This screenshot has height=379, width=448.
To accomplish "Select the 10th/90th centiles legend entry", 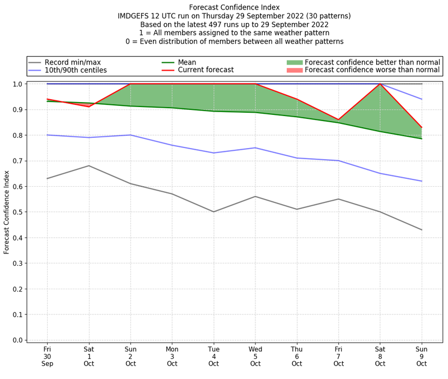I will (76, 70).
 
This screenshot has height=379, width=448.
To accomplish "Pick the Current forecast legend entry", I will (206, 70).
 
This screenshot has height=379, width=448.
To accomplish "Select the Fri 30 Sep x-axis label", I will (47, 355).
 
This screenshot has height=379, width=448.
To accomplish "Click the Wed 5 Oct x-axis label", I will (255, 355).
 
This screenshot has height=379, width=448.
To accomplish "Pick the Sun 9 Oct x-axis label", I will (422, 355).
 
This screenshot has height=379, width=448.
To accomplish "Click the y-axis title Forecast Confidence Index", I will (7, 212).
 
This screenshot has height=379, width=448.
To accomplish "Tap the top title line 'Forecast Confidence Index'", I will (234, 7).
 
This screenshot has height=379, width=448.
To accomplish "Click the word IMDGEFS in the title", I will (135, 16).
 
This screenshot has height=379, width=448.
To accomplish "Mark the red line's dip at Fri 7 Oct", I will (339, 119).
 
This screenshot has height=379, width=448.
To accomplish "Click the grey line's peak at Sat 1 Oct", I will (88, 165).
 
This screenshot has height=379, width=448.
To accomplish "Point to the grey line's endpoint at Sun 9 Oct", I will (422, 230).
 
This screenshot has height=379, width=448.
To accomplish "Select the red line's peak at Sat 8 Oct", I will (381, 84).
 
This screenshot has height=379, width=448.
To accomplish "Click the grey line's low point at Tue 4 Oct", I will (214, 212).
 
